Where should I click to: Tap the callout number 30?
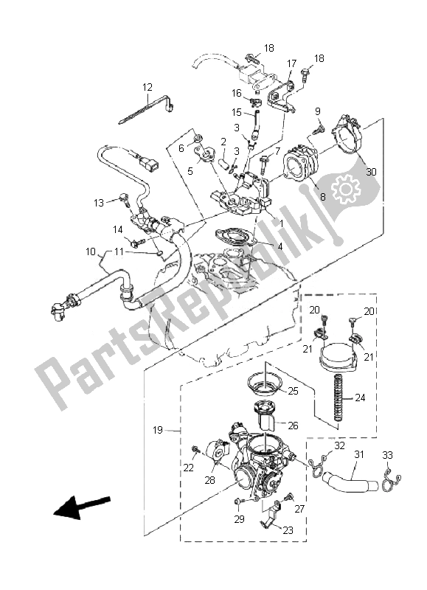click(371, 172)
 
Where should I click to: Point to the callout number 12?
click(147, 87)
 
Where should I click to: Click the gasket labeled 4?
click(234, 237)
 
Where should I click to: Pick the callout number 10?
click(90, 251)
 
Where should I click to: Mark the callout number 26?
click(293, 426)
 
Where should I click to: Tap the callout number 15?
click(237, 112)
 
